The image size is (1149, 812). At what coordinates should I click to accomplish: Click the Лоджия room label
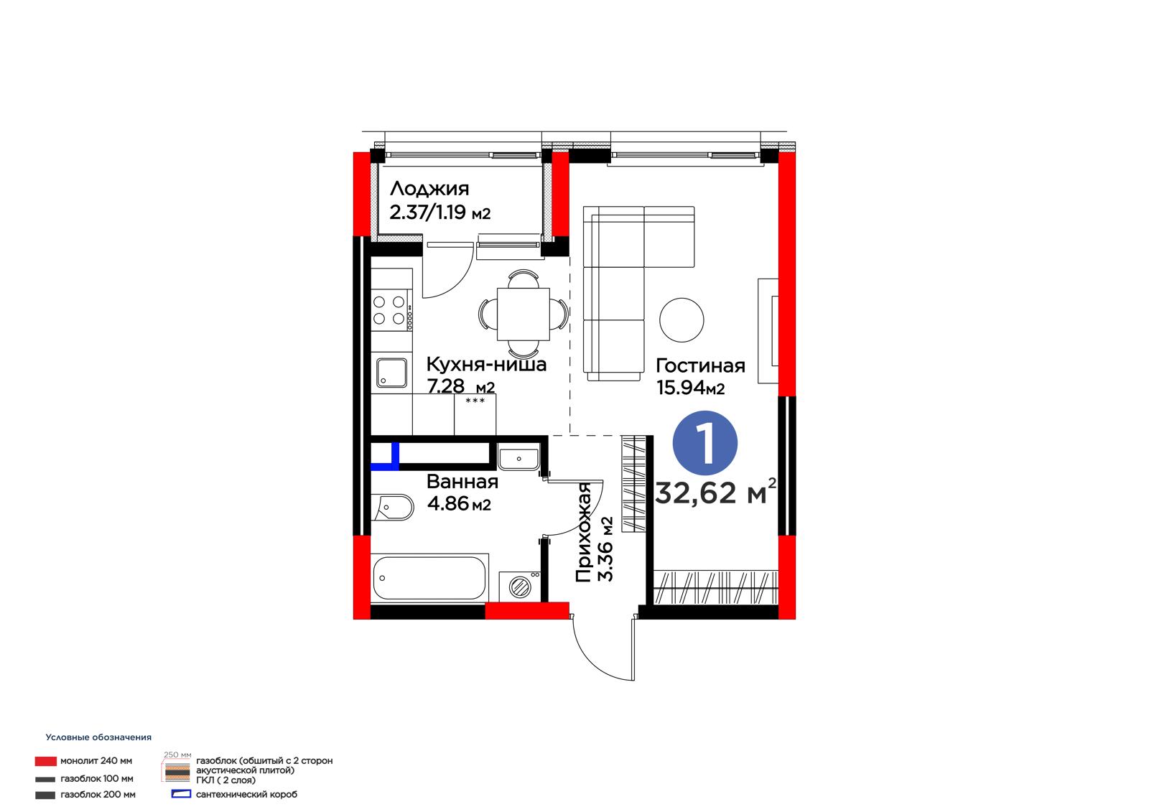point(429,190)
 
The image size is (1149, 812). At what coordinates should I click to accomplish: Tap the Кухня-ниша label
point(486,364)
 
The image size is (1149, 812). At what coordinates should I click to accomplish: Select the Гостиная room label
point(700,365)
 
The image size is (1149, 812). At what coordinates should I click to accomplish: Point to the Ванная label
point(462,482)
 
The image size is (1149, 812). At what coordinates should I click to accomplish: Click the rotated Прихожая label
point(584,533)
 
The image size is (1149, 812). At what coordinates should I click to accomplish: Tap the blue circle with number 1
point(705,443)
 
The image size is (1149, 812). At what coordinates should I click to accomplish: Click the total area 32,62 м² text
point(715,493)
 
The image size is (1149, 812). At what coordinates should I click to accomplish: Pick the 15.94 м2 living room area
point(690,388)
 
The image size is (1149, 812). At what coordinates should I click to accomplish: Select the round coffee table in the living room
point(682,319)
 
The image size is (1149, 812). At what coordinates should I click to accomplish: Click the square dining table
point(524,314)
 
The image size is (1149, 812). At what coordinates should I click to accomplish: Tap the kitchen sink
point(392,373)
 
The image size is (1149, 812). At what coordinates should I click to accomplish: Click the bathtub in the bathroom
point(430,578)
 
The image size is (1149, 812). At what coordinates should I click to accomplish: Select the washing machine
point(520,585)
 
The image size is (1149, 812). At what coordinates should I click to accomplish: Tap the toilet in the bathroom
point(392,508)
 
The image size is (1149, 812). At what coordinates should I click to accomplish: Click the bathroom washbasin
point(518,459)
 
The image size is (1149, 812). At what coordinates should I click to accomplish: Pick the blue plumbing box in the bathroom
point(385,457)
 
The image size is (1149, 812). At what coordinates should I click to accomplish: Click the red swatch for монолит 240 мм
point(46,761)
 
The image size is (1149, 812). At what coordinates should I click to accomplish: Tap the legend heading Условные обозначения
point(98,737)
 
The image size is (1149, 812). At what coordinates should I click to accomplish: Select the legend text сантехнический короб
point(246,795)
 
